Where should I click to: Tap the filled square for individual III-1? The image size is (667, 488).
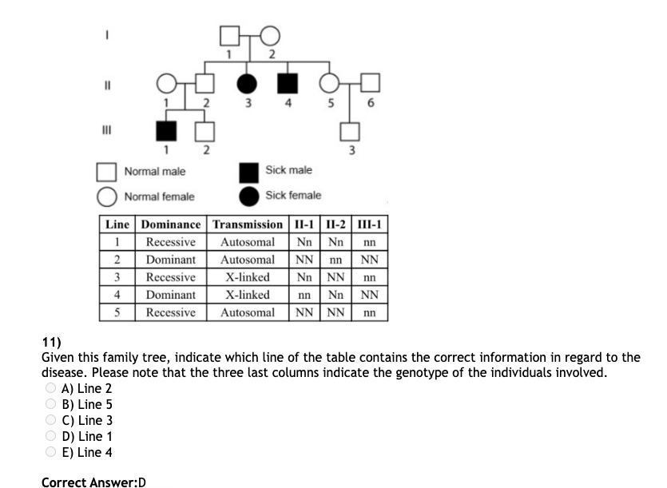point(165,132)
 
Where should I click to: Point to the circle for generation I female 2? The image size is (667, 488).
point(270,36)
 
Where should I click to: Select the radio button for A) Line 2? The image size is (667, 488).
point(50,388)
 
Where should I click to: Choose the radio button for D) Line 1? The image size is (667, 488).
point(50,436)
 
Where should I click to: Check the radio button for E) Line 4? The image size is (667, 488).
point(50,452)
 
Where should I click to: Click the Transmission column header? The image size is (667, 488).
point(248,224)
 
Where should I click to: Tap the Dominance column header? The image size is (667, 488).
point(170,224)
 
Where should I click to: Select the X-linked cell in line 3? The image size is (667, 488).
point(248,277)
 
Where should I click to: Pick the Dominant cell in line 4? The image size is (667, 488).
point(170,295)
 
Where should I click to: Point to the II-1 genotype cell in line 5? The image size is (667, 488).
point(304,312)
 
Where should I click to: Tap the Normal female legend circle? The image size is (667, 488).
point(108,196)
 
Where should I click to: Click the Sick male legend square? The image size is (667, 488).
point(250,171)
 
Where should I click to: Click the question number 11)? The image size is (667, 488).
point(52,343)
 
